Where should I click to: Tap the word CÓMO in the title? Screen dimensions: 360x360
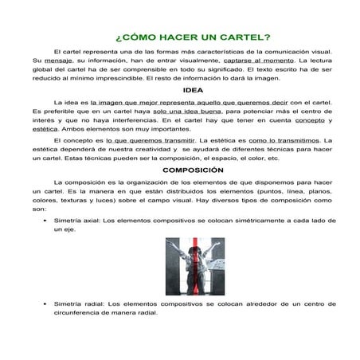[138, 37]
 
